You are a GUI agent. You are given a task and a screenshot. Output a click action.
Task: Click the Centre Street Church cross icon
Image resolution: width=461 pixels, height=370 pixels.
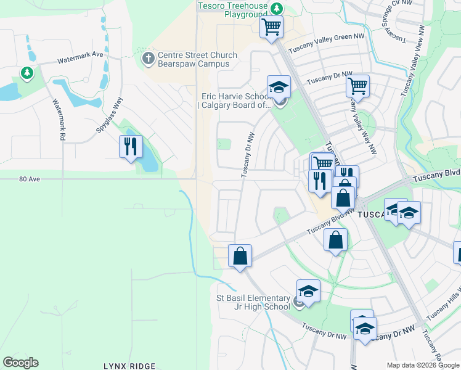coord(148,59)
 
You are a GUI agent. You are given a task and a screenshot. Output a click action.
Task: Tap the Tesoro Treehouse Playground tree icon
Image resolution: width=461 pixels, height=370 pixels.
coord(277,8)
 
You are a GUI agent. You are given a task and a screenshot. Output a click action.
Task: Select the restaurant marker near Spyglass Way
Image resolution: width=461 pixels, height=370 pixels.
coord(130,147)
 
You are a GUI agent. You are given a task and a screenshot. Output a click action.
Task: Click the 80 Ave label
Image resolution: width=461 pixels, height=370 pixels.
coord(29,179)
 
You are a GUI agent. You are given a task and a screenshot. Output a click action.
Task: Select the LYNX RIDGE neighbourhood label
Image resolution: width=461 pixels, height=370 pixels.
coord(129,366)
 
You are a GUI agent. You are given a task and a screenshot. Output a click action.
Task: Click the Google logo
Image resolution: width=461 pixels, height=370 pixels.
coord(20,363)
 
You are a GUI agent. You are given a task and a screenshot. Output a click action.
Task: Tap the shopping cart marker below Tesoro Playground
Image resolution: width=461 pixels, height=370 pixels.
coord(271,27)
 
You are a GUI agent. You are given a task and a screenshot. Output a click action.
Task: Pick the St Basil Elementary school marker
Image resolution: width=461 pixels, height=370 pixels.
coord(308,290)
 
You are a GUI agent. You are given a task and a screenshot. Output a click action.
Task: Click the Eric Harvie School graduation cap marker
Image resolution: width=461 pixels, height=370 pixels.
coord(279,87)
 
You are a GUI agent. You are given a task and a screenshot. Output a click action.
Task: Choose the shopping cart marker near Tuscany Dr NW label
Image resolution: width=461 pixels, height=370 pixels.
coord(357,86)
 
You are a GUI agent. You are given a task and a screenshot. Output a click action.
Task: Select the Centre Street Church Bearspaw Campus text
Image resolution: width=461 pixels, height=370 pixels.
coord(197,60)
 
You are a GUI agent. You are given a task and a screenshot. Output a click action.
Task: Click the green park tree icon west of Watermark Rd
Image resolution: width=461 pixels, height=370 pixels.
coord(27,74)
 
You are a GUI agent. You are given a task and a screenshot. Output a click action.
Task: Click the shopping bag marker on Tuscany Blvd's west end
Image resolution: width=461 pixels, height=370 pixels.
coord(239,256)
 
